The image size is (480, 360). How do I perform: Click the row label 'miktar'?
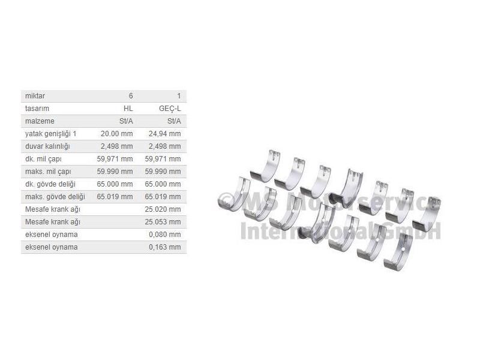pyautogui.click(x=35, y=96)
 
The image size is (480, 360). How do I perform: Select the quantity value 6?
pyautogui.click(x=131, y=96)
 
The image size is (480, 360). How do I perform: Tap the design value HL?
pyautogui.click(x=128, y=109)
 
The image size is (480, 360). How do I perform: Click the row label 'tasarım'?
pyautogui.click(x=37, y=109)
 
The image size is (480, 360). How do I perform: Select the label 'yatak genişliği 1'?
pyautogui.click(x=50, y=134)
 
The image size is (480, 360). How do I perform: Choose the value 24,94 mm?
pyautogui.click(x=165, y=134)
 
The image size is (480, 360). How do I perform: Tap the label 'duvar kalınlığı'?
pyautogui.click(x=48, y=146)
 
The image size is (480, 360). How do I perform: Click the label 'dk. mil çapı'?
pyautogui.click(x=43, y=159)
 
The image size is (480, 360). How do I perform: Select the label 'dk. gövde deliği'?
pyautogui.click(x=51, y=184)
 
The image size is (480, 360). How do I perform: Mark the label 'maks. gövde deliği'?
pyautogui.click(x=55, y=197)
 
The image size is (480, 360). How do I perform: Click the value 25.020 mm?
pyautogui.click(x=163, y=209)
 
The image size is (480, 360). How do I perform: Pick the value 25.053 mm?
pyautogui.click(x=163, y=222)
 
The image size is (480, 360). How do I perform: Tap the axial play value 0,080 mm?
pyautogui.click(x=165, y=235)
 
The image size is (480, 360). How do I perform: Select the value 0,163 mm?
pyautogui.click(x=165, y=247)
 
